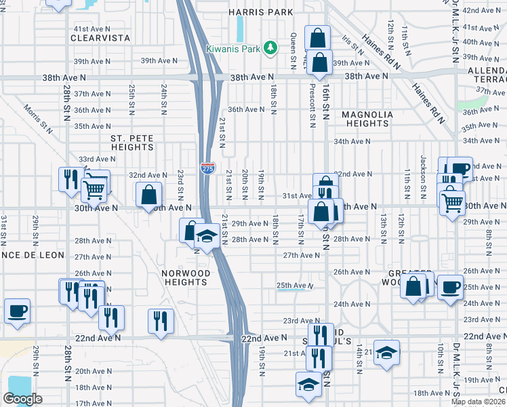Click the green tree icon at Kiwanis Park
pyautogui.click(x=270, y=47)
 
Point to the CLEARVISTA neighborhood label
pyautogui.click(x=100, y=39)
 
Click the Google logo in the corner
pyautogui.click(x=22, y=399)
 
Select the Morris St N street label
pyautogui.click(x=37, y=116)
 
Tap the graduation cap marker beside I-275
pyautogui.click(x=206, y=236)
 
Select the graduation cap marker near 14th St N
pyautogui.click(x=386, y=352)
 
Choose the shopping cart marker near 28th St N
pyautogui.click(x=94, y=189)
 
